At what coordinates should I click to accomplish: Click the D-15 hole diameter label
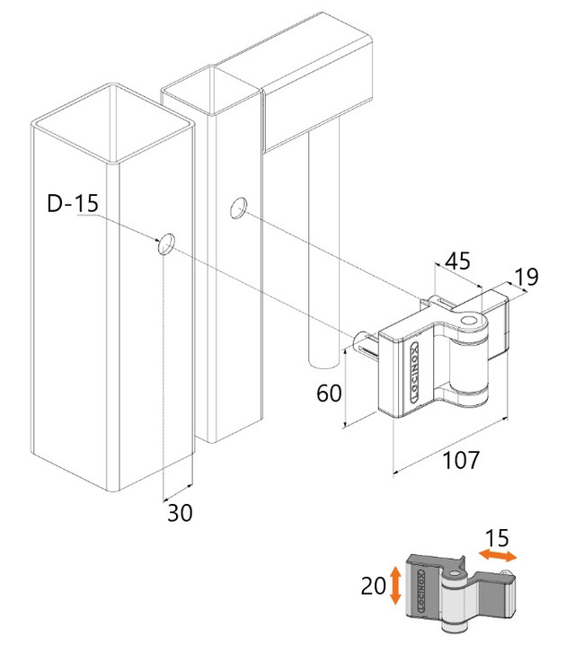[73, 203]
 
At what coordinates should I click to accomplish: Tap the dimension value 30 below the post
[180, 512]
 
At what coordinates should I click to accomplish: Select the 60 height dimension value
[329, 393]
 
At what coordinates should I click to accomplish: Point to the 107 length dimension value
[461, 460]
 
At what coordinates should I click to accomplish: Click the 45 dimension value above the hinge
[458, 261]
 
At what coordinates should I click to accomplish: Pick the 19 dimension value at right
[526, 277]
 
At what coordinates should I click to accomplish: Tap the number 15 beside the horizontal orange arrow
[496, 538]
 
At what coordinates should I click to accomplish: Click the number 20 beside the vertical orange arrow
[374, 586]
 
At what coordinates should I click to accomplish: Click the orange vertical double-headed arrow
[395, 585]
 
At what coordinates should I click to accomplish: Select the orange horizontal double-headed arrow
[497, 555]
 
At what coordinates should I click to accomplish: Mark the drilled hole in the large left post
[166, 243]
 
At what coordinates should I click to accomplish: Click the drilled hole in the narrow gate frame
[239, 208]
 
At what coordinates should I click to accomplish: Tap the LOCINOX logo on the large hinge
[415, 372]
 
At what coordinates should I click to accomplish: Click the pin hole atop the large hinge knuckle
[467, 320]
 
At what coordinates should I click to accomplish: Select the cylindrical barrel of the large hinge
[468, 364]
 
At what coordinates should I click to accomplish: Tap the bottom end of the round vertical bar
[323, 362]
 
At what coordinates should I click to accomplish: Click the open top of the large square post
[112, 122]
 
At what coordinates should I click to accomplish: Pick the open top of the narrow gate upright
[210, 90]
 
